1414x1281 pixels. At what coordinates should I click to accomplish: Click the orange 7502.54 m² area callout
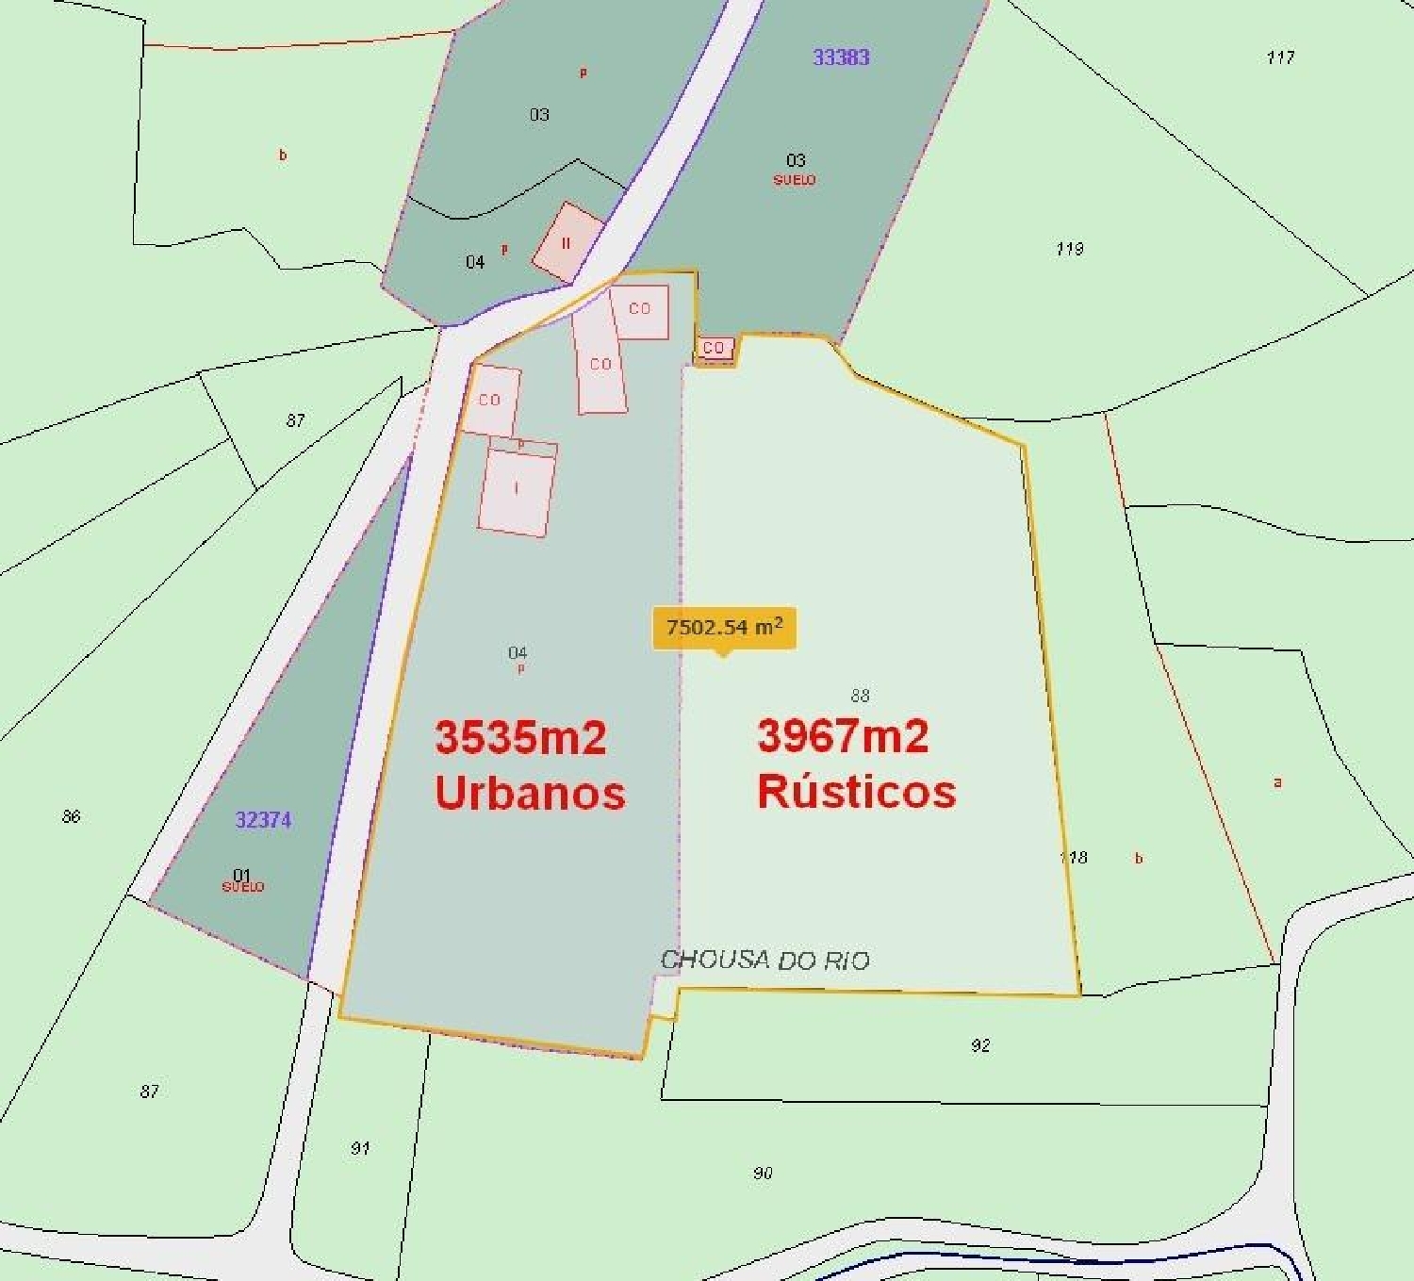click(x=724, y=628)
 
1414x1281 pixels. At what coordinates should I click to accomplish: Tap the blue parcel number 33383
click(x=841, y=57)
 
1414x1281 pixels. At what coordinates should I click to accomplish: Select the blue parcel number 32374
click(x=263, y=820)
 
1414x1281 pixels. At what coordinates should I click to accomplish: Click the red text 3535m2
click(x=520, y=737)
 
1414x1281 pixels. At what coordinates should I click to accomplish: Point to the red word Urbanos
click(x=530, y=793)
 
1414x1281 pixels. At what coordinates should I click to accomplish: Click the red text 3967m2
click(x=843, y=735)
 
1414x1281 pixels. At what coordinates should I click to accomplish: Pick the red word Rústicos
click(x=856, y=791)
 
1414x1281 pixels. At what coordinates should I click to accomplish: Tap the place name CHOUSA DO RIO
click(x=765, y=961)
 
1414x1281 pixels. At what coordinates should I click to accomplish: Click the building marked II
click(x=567, y=242)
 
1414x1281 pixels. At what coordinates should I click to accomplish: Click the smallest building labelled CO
click(x=714, y=348)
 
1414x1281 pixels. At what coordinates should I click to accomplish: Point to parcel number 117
click(x=1280, y=57)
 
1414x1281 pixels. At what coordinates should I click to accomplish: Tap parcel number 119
click(x=1069, y=249)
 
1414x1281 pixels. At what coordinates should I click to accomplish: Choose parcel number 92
click(x=980, y=1045)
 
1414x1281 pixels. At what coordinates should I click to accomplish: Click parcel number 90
click(x=763, y=1173)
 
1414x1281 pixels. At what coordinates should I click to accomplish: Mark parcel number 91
click(x=360, y=1148)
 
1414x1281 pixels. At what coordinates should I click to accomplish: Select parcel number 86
click(x=72, y=816)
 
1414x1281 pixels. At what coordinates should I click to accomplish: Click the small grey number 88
click(x=860, y=696)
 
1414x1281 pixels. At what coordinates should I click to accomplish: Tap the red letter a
click(x=1277, y=782)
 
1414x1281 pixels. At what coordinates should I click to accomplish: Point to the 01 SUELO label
click(x=242, y=880)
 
